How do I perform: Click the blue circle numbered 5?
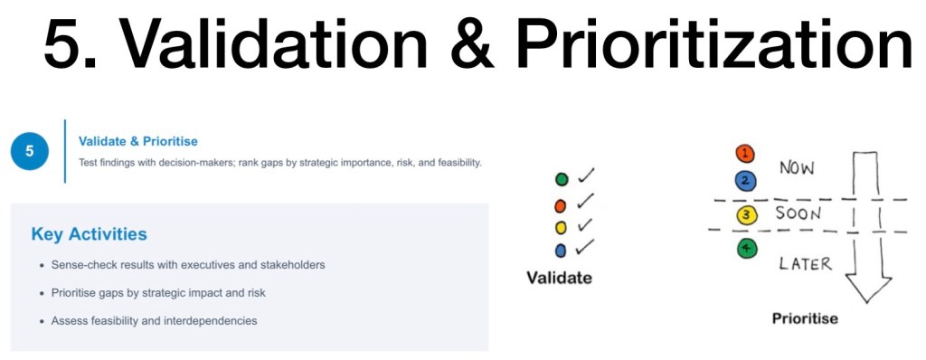(x=30, y=151)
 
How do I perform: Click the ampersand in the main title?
(x=470, y=43)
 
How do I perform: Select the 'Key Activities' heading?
(x=90, y=234)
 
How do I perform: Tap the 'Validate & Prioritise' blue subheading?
(x=138, y=141)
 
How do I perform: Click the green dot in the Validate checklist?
(x=562, y=179)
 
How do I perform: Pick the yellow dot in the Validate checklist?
(x=561, y=228)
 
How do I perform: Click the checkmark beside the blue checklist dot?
(x=585, y=247)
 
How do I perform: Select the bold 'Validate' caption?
(x=559, y=278)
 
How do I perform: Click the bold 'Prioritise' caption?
(x=805, y=318)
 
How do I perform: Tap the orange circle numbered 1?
(x=745, y=154)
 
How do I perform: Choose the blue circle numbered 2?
(x=745, y=180)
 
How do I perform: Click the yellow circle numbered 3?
(x=746, y=215)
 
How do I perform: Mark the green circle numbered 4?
(x=746, y=249)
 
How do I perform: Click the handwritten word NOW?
(x=797, y=168)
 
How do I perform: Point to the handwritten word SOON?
(x=798, y=213)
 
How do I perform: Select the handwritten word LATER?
(x=805, y=263)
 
